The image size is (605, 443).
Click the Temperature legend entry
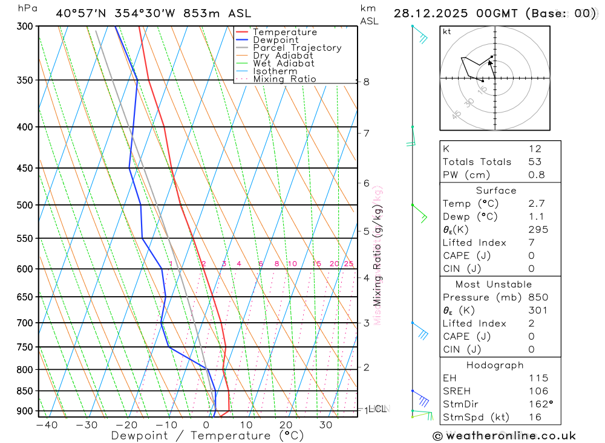(284, 32)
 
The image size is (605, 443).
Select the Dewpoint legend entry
(275, 40)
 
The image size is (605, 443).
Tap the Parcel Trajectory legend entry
(297, 48)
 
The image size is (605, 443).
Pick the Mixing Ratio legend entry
(284, 79)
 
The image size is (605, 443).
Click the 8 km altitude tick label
(366, 82)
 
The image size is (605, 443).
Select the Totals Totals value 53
(534, 162)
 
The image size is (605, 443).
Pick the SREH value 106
(538, 391)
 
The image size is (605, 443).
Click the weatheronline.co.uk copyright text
(505, 436)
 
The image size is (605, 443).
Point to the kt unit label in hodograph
(446, 31)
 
